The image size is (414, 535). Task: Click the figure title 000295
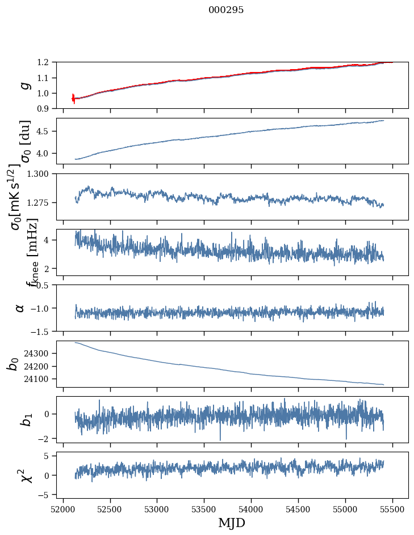point(226,10)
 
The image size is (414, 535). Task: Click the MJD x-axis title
point(232,523)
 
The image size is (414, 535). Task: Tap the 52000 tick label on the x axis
point(63,508)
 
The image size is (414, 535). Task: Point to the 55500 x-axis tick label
point(392,508)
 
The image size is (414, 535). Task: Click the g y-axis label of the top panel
point(23,85)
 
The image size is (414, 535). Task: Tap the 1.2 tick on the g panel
point(48,62)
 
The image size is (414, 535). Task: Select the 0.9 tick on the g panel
point(48,108)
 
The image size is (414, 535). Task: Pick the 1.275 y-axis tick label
point(42,202)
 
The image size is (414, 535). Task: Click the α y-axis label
point(20,308)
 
